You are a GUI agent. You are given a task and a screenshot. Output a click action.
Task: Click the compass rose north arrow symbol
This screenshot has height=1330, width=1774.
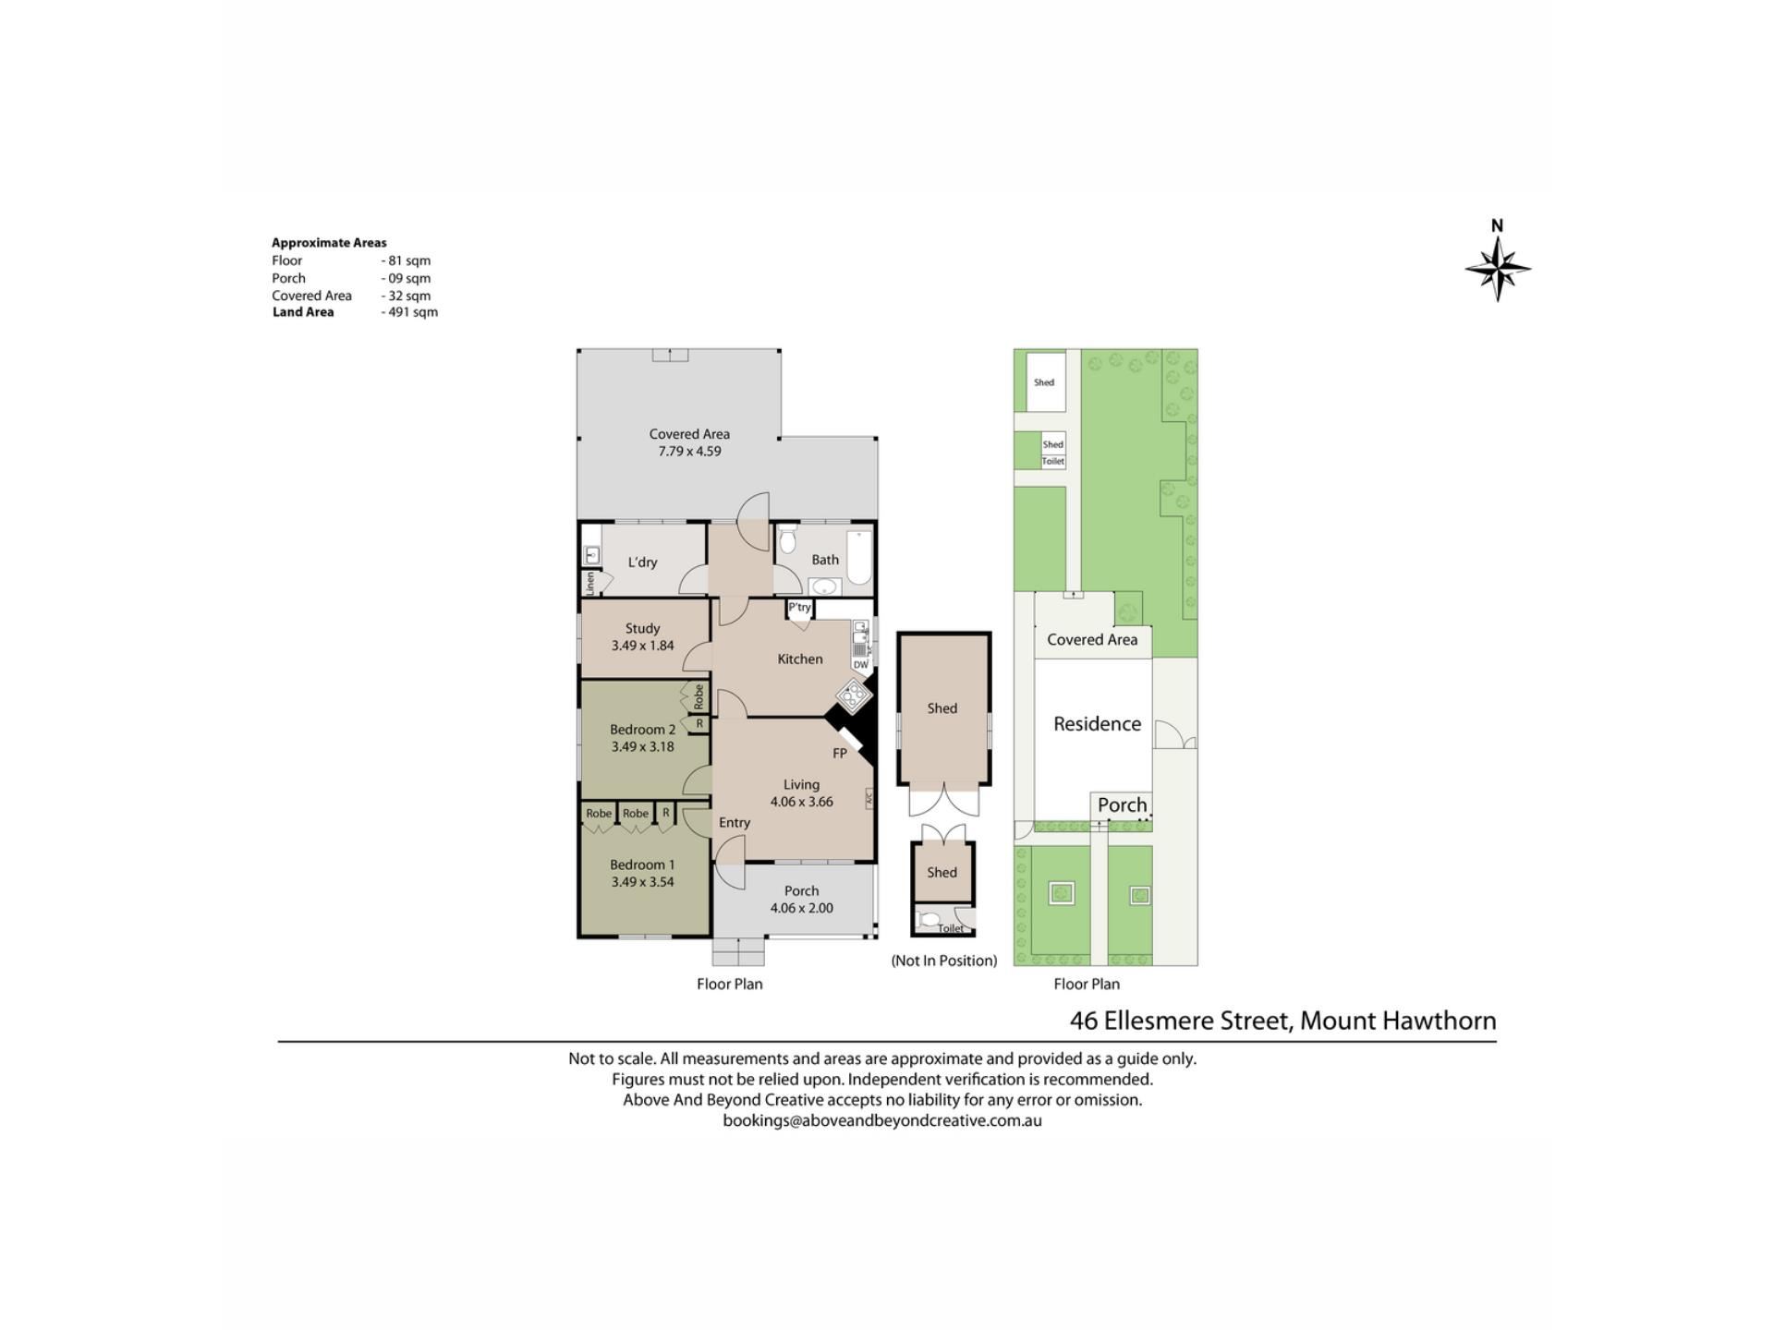(1498, 269)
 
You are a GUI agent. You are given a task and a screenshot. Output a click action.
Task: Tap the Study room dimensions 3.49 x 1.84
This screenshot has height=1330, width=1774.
(642, 646)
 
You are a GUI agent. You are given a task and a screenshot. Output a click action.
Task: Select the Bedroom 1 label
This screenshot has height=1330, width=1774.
(642, 864)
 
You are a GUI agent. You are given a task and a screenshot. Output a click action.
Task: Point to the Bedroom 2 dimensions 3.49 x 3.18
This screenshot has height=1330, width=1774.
(642, 746)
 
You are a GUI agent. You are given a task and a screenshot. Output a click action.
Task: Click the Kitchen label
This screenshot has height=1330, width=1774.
(799, 659)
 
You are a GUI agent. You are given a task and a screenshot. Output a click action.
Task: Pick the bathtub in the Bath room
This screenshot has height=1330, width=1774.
(859, 558)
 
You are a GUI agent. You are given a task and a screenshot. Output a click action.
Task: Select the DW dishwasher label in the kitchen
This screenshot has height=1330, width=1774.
(861, 665)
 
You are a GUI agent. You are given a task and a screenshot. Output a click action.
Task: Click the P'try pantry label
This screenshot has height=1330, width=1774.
(799, 607)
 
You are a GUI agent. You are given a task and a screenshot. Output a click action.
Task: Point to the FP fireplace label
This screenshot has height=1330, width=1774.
(840, 754)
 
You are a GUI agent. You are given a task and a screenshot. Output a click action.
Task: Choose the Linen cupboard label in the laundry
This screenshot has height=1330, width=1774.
(589, 584)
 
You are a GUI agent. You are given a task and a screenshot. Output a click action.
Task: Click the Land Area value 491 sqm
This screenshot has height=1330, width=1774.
(409, 312)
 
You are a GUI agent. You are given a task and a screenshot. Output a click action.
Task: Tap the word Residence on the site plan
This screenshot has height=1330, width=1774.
(1097, 724)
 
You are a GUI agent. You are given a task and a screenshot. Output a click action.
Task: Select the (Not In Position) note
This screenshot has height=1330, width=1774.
(943, 961)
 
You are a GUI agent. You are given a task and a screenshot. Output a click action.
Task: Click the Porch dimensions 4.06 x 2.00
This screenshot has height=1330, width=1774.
(801, 908)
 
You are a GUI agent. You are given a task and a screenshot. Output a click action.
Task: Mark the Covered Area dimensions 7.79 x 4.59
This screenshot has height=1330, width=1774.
(689, 452)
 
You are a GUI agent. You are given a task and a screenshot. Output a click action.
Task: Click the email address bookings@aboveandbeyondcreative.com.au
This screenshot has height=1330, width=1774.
(882, 1121)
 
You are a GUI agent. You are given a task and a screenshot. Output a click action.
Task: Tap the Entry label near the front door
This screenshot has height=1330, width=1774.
(735, 823)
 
